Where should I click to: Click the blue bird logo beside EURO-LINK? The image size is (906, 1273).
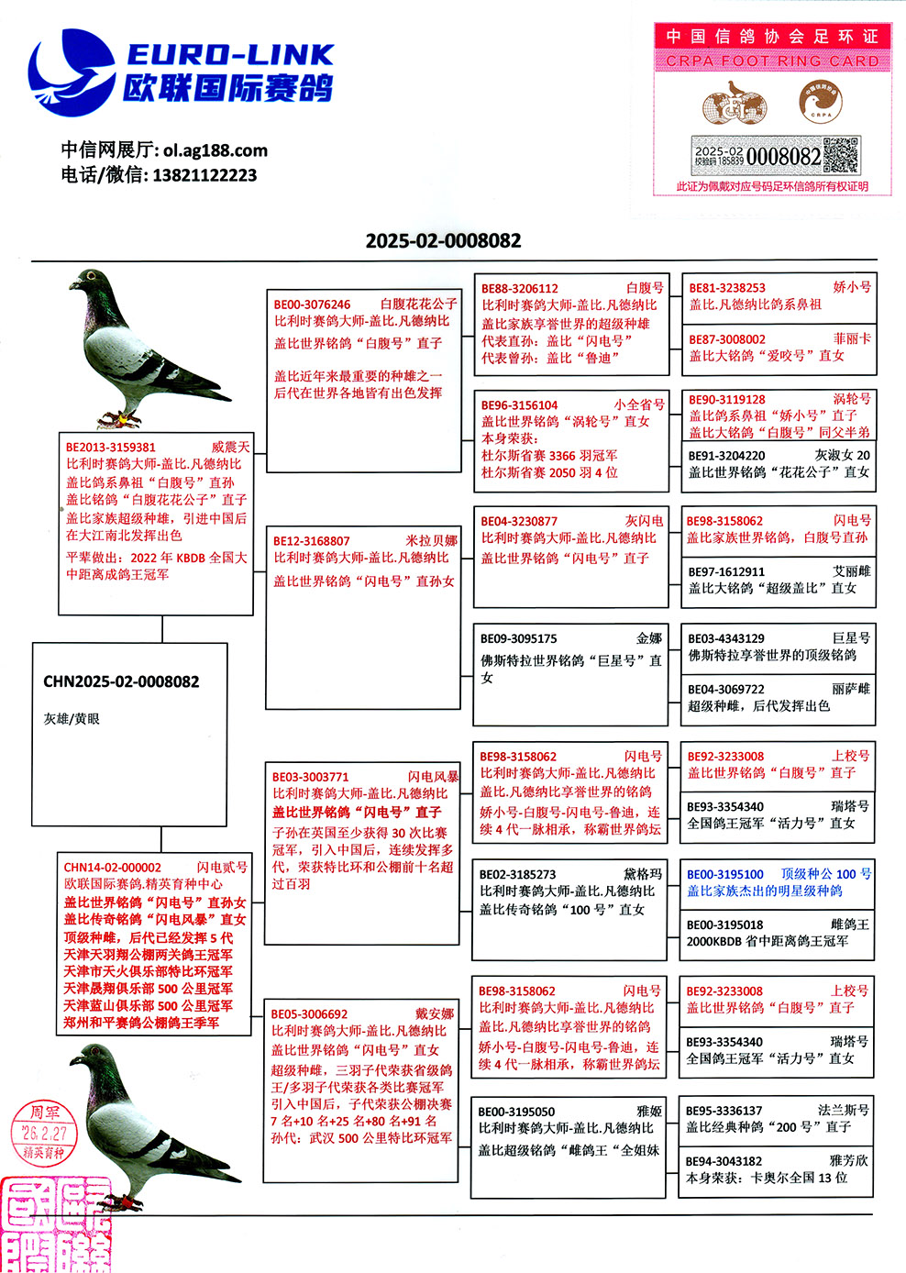[x=72, y=73]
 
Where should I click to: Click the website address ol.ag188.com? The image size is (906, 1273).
[x=215, y=150]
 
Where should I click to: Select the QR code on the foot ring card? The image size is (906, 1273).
[x=841, y=155]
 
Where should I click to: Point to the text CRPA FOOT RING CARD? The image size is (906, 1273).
[x=772, y=61]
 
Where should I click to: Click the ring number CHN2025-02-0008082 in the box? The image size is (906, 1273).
[x=121, y=681]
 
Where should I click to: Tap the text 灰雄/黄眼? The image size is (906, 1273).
[x=72, y=719]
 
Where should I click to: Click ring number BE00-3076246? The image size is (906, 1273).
[x=312, y=304]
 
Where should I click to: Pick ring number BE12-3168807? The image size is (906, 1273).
[x=311, y=541]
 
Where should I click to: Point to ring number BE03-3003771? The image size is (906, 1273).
[x=310, y=777]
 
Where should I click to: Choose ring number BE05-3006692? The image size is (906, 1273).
[x=309, y=1014]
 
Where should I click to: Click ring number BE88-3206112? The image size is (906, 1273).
[x=519, y=288]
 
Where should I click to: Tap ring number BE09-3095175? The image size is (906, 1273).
[x=518, y=638]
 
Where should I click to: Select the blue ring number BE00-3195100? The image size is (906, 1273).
[x=724, y=874]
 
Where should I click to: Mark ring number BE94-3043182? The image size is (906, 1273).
[x=724, y=1161]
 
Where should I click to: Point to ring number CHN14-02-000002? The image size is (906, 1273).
[x=112, y=868]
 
